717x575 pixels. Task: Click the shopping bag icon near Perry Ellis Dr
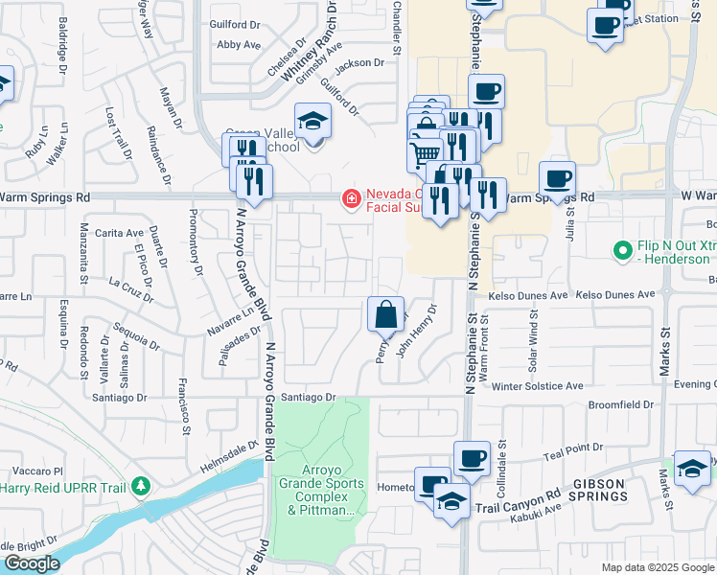[384, 313]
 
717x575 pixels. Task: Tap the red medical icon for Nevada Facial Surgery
[352, 199]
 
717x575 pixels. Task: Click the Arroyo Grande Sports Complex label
[317, 491]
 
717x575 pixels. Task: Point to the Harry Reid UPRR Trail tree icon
[141, 486]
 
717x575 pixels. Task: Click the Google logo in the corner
[31, 563]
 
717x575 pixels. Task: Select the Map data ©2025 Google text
[657, 567]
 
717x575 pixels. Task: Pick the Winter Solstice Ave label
[537, 386]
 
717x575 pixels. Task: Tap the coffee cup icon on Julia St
[557, 177]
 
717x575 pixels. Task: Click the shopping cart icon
[425, 152]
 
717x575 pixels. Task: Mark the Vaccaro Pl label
[38, 471]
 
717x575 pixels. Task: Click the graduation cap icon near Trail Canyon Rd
[451, 501]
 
